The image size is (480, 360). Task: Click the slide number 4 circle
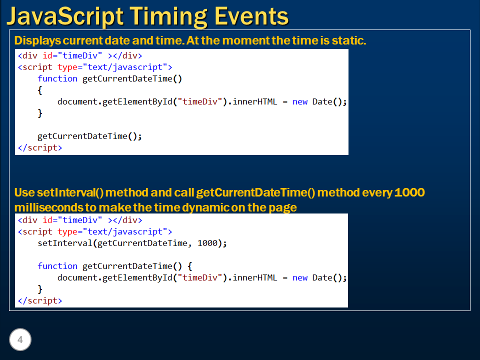click(x=20, y=340)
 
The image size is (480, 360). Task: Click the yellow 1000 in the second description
click(x=409, y=192)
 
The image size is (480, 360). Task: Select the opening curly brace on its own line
click(x=40, y=90)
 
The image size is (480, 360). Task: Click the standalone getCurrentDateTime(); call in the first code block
click(x=89, y=136)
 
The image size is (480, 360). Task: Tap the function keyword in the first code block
click(x=57, y=78)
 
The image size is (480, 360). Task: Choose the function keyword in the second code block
click(x=57, y=266)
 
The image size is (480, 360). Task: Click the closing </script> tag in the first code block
click(x=40, y=147)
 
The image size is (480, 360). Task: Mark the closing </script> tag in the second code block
click(x=40, y=300)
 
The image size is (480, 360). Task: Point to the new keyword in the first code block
click(x=300, y=101)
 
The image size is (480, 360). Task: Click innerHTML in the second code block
click(x=254, y=277)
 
